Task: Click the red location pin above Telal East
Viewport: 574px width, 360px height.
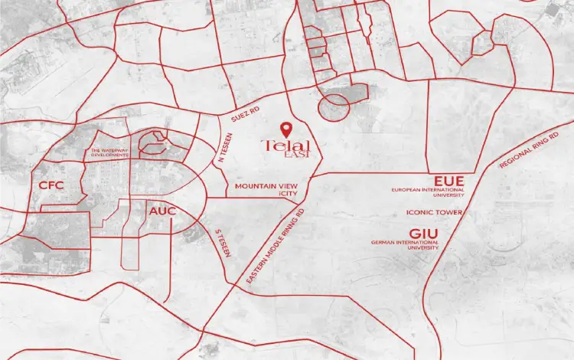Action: click(285, 128)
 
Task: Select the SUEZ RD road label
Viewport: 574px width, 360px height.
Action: click(245, 115)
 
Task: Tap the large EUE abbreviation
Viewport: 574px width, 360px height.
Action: click(448, 181)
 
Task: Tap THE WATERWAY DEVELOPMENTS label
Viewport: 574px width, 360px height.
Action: click(107, 152)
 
